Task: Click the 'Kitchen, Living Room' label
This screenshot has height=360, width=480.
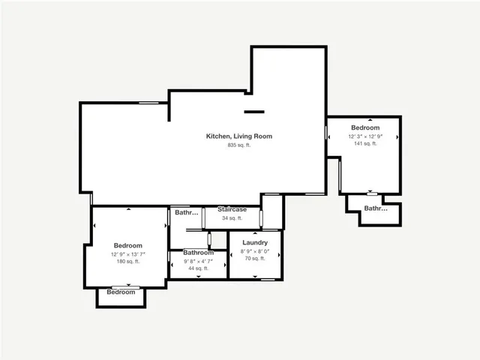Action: pos(238,136)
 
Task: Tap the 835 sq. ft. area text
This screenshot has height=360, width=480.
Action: pos(238,145)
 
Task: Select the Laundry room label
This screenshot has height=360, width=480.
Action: pos(255,243)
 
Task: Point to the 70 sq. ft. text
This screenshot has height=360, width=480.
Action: pos(255,259)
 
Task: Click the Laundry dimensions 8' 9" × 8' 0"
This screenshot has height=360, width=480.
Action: pos(255,251)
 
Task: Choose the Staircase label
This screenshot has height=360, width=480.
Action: pos(232,209)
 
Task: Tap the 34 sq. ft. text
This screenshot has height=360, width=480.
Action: pos(232,217)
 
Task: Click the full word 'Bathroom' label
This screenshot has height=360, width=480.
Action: pos(198,253)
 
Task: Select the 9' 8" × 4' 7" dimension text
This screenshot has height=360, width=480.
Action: pos(198,261)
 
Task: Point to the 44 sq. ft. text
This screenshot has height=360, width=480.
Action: pos(198,268)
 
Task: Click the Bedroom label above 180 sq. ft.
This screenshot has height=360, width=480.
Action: pos(128,246)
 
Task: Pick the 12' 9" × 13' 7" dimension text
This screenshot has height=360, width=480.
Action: pos(128,254)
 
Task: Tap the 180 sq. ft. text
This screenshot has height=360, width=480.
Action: pos(128,262)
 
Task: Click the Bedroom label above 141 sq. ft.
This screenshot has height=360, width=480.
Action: pos(365,128)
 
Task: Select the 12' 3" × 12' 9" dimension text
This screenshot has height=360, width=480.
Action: pos(365,136)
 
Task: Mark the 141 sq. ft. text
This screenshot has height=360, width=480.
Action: pos(365,144)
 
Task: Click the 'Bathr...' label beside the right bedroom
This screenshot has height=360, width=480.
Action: pos(376,208)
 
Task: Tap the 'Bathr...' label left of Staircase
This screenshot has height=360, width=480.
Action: pos(187,213)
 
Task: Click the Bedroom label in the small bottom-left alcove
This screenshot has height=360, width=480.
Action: pos(121,292)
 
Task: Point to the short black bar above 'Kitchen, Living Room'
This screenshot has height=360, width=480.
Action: pos(254,112)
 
